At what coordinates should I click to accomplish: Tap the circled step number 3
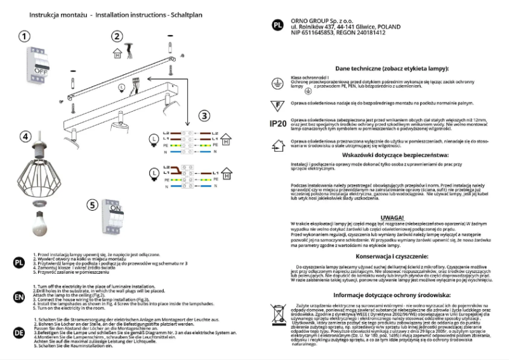(x=203, y=116)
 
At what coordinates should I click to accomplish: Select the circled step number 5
(x=92, y=205)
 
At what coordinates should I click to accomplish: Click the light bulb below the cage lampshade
(x=41, y=222)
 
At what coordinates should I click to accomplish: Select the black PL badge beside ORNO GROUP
(x=277, y=26)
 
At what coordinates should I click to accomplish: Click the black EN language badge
(x=19, y=297)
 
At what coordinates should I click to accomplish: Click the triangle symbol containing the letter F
(x=277, y=103)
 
